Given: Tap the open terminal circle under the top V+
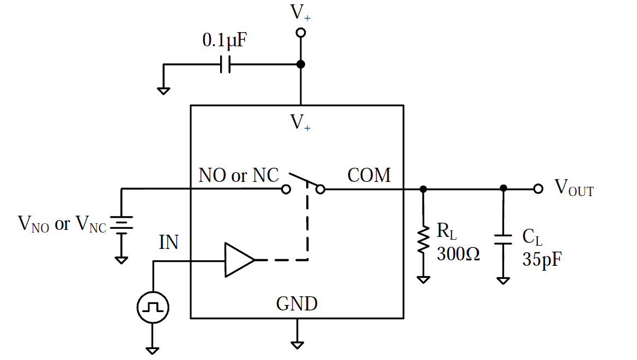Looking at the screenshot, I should pyautogui.click(x=300, y=33).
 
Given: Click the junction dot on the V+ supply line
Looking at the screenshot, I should pyautogui.click(x=300, y=64).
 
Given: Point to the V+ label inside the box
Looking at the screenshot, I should pyautogui.click(x=300, y=122).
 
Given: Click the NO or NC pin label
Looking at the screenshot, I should pyautogui.click(x=239, y=175).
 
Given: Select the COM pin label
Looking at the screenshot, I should pyautogui.click(x=369, y=175).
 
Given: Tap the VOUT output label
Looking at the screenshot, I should pyautogui.click(x=574, y=188).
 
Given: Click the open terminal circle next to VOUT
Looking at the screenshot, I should pyautogui.click(x=538, y=189).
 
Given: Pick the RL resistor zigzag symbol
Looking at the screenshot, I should pyautogui.click(x=423, y=240).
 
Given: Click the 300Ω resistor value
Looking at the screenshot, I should pyautogui.click(x=458, y=254).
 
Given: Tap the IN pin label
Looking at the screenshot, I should pyautogui.click(x=169, y=241).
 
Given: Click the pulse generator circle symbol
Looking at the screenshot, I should pyautogui.click(x=153, y=308).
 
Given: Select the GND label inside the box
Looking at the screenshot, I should pyautogui.click(x=297, y=303).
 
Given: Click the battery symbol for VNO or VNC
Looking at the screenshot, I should pyautogui.click(x=122, y=224).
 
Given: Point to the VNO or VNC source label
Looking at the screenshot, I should pyautogui.click(x=62, y=224).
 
